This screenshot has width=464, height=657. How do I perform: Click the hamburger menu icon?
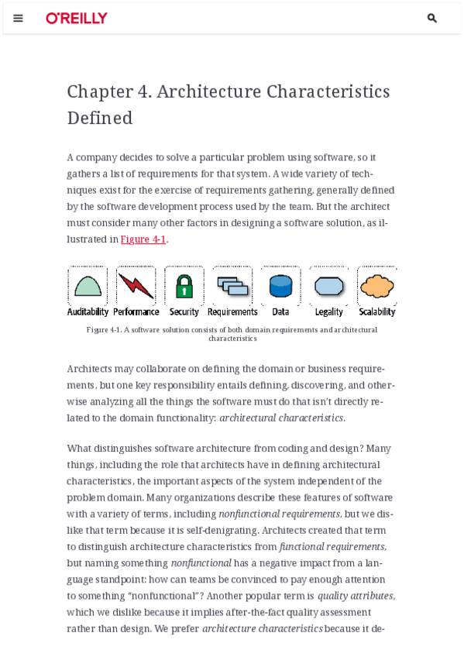pyautogui.click(x=18, y=18)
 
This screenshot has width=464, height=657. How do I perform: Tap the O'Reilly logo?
pyautogui.click(x=77, y=18)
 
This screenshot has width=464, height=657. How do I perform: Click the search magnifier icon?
pyautogui.click(x=432, y=18)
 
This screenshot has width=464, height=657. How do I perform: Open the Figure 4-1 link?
pyautogui.click(x=143, y=239)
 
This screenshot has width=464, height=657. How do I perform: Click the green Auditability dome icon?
pyautogui.click(x=88, y=286)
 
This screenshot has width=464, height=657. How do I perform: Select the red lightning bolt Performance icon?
pyautogui.click(x=136, y=286)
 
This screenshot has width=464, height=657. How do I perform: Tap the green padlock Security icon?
pyautogui.click(x=184, y=286)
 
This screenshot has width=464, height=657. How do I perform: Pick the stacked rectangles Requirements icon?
pyautogui.click(x=232, y=286)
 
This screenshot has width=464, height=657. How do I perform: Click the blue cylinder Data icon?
pyautogui.click(x=280, y=286)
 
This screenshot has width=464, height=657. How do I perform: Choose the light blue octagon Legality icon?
pyautogui.click(x=329, y=286)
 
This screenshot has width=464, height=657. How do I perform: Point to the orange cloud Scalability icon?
pyautogui.click(x=377, y=286)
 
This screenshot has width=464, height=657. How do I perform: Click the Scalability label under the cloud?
pyautogui.click(x=377, y=312)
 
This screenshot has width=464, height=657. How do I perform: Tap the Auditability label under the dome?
pyautogui.click(x=88, y=312)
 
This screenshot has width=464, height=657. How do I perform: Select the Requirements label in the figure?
pyautogui.click(x=232, y=312)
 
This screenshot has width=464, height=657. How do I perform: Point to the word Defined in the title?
pyautogui.click(x=100, y=118)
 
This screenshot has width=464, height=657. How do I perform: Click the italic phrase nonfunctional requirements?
pyautogui.click(x=279, y=514)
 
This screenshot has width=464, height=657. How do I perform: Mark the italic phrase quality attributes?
pyautogui.click(x=356, y=596)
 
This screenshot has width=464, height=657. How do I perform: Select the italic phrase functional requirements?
pyautogui.click(x=332, y=547)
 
